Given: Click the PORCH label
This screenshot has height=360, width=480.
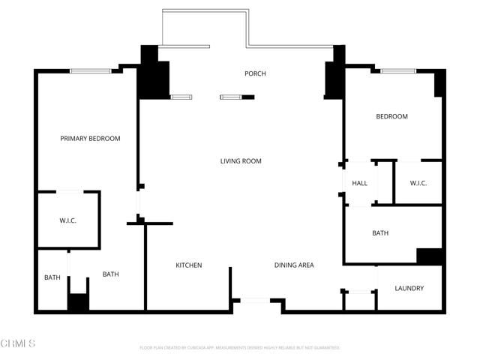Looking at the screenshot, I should click(x=255, y=73).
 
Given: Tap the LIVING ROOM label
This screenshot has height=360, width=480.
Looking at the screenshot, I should click(x=241, y=161).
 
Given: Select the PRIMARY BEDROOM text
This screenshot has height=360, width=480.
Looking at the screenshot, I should click(x=90, y=139).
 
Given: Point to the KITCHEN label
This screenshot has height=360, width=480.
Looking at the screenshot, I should click(x=189, y=265).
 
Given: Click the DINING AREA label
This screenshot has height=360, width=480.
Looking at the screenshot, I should click(x=294, y=265).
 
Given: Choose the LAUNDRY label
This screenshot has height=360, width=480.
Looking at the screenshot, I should click(x=409, y=288).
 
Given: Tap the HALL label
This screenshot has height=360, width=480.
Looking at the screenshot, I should click(x=359, y=183).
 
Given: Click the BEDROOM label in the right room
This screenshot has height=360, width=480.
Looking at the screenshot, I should click(x=391, y=116).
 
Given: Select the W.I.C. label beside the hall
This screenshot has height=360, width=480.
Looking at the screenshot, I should click(x=418, y=183).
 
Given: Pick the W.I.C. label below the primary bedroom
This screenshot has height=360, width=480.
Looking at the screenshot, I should click(x=68, y=220).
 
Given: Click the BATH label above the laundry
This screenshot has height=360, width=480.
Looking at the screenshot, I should click(x=380, y=233).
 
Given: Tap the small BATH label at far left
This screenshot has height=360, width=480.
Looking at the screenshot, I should click(x=52, y=277).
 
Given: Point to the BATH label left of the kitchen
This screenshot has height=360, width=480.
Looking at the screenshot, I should click(x=111, y=274).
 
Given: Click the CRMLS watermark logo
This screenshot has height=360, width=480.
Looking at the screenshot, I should click(x=18, y=343).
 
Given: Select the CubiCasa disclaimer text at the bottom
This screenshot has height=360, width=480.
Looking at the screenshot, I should click(x=240, y=348).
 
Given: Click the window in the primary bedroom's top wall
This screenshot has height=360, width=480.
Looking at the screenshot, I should click(x=91, y=71).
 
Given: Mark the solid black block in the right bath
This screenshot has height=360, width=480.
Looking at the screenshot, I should click(x=430, y=256).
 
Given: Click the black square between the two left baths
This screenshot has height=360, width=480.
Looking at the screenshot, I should click(x=78, y=302).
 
